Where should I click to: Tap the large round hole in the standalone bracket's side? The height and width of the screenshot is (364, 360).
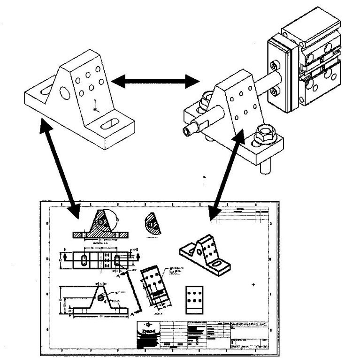coord(65,92)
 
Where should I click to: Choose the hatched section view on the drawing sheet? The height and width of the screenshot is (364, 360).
coord(100,225)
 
